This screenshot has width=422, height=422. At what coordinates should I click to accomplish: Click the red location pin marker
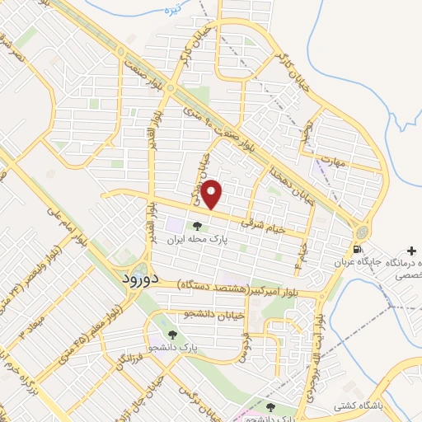pos(212,195)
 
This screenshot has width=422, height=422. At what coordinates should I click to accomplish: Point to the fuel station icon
pos(356,249)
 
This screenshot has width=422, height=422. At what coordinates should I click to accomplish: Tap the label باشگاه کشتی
pos(355,406)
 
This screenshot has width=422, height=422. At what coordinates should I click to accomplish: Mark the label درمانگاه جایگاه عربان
pos(384,261)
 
